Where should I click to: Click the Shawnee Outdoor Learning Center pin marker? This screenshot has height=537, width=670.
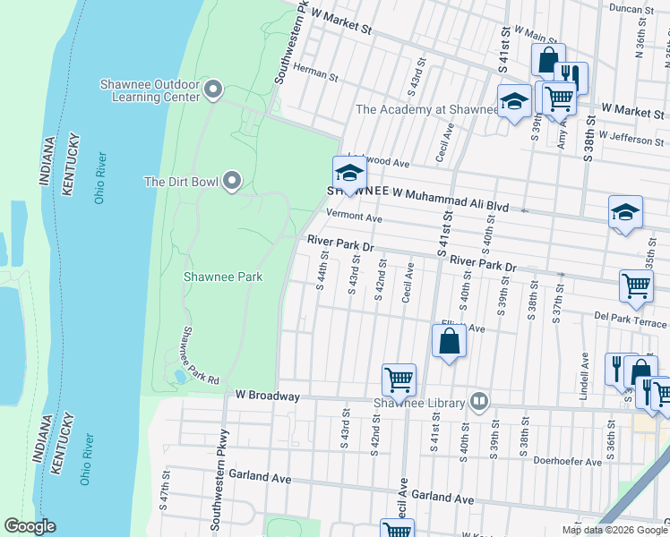(x=213, y=89)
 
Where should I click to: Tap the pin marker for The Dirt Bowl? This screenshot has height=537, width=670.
(x=232, y=182)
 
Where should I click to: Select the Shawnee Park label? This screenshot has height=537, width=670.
(x=223, y=277)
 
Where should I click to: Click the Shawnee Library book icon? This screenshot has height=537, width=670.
(x=480, y=401)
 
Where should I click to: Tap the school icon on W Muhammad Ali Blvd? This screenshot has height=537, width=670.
(x=349, y=174)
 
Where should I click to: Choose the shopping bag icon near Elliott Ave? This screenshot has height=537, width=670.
(x=450, y=341)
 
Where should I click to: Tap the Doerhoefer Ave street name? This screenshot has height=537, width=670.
(x=569, y=462)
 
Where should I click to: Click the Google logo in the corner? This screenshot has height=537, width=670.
(x=30, y=526)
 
